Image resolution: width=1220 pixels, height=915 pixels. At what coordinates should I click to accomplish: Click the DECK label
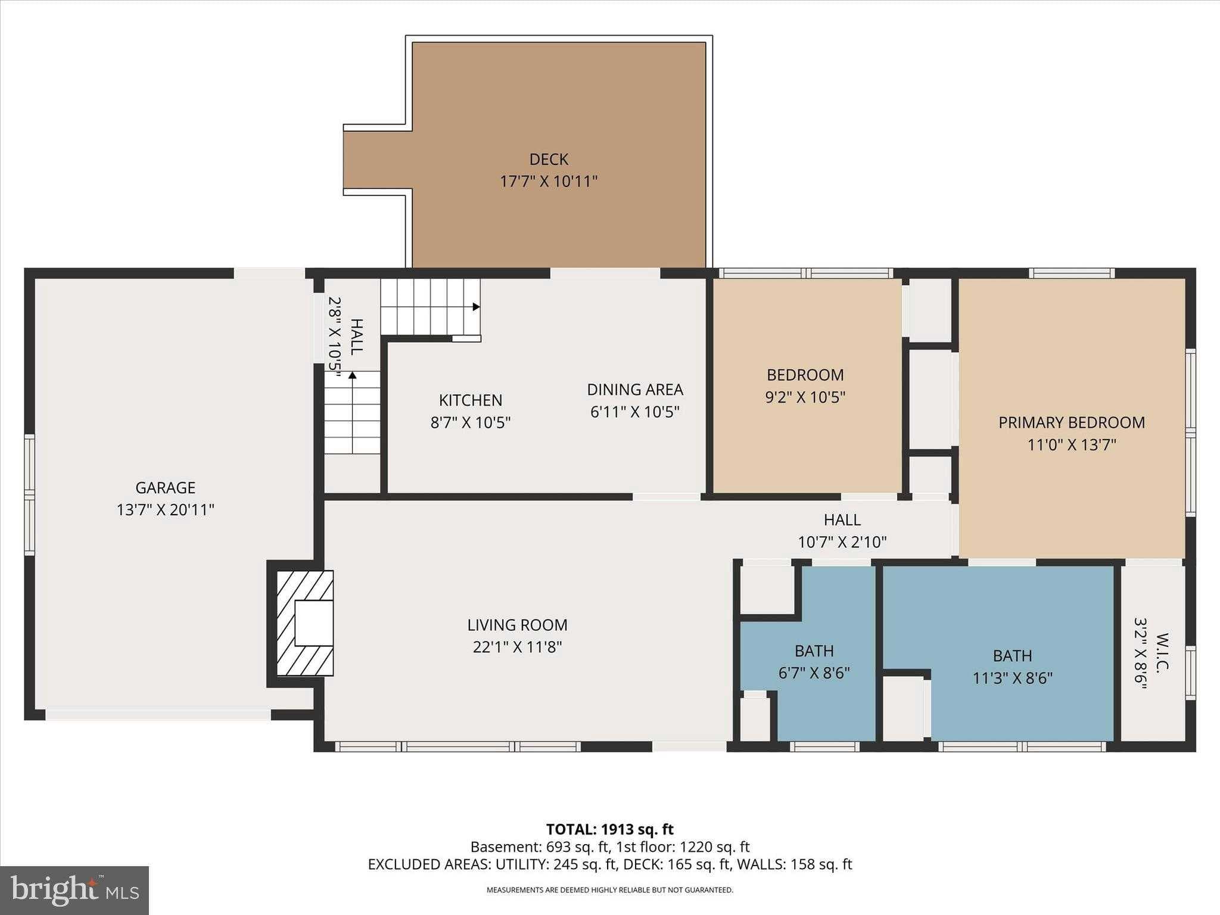point(549,159)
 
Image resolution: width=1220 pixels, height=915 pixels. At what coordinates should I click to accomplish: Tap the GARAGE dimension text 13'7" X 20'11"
point(166,510)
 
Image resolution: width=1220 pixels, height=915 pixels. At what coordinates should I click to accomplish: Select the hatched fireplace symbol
point(305,623)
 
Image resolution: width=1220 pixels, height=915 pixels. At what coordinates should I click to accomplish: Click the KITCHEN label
point(471,400)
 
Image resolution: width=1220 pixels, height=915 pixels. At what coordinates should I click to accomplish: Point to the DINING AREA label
point(635,390)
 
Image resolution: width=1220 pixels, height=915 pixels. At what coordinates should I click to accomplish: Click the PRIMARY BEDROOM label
point(1072,423)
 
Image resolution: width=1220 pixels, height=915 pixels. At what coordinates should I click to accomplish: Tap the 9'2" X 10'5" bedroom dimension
point(805,397)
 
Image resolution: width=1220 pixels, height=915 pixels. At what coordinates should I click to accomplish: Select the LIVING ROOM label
point(517,625)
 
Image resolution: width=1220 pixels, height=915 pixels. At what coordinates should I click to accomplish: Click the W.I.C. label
point(1162,651)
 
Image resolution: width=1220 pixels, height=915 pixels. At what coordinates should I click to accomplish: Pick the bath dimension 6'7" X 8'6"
point(814,673)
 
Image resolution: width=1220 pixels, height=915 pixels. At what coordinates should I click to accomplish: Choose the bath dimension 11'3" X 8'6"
point(1013,678)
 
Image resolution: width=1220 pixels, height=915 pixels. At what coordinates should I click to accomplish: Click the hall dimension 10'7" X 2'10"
point(842,542)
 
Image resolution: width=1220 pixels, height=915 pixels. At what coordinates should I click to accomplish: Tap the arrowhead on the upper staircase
point(476,307)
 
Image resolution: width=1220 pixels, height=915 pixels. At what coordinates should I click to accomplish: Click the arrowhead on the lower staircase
point(353,375)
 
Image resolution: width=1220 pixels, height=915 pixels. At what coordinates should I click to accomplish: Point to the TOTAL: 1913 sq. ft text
point(609,829)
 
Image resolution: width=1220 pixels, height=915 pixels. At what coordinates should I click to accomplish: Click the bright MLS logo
point(74,890)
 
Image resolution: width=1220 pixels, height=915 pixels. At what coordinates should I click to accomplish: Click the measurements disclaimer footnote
point(609,890)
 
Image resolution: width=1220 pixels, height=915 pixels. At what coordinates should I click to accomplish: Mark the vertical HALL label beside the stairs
point(356,337)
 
